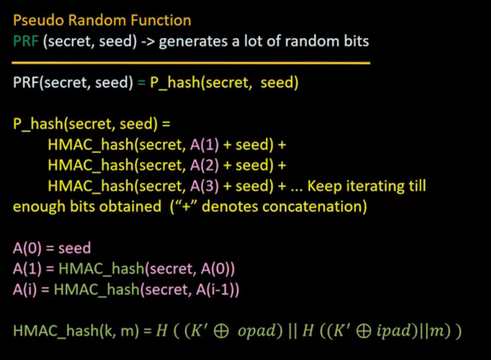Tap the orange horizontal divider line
191,63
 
